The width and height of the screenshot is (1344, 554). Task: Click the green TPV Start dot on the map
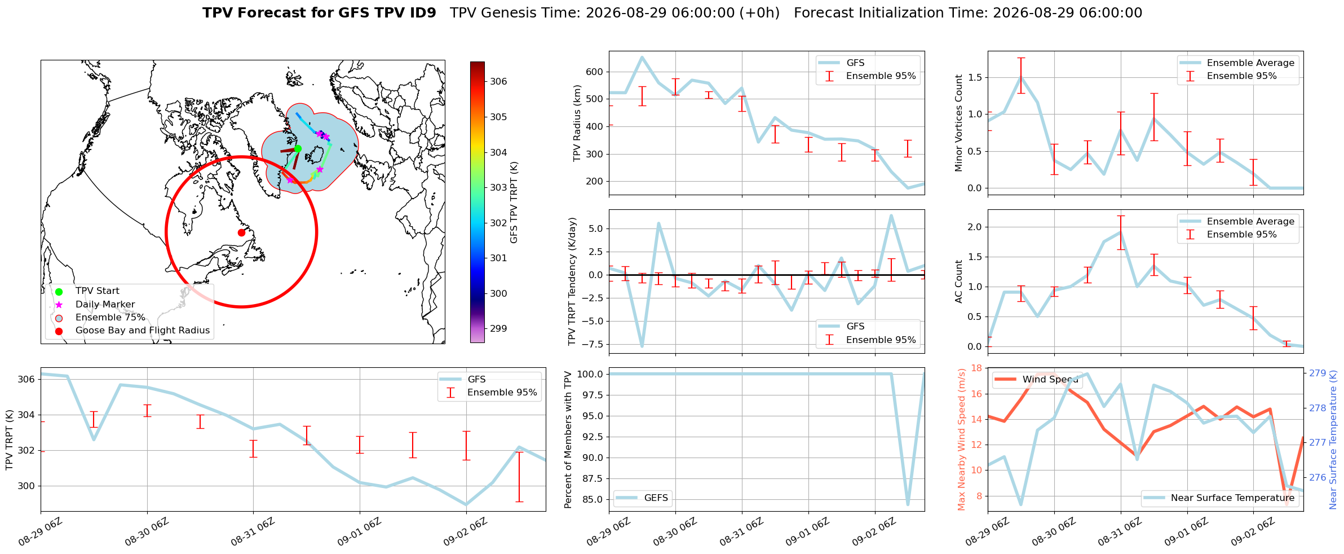[x=298, y=149]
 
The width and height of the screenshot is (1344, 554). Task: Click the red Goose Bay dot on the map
[x=241, y=232]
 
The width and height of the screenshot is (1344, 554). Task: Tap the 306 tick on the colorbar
[x=498, y=81]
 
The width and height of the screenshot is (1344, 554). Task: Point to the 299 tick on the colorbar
[x=498, y=328]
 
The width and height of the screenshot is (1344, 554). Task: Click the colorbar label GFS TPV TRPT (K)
[x=514, y=203]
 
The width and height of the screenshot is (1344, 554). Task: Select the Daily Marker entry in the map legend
[x=105, y=304]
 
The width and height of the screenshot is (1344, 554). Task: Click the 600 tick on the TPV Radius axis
[x=595, y=72]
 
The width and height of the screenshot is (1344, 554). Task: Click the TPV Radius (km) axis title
[x=577, y=123]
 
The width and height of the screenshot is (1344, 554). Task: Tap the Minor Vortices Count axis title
[x=959, y=123]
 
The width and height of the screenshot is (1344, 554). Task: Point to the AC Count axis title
[x=959, y=282]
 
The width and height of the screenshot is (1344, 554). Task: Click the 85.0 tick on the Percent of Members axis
[x=593, y=499]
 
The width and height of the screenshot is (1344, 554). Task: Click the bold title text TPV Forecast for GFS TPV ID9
[x=320, y=13]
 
